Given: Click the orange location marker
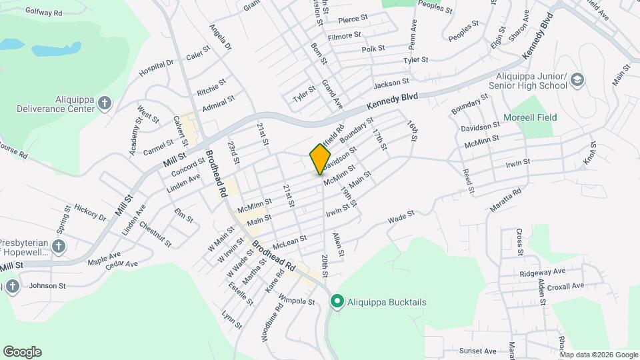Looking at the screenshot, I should (x=321, y=158).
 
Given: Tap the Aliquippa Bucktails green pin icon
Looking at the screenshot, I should (x=337, y=302).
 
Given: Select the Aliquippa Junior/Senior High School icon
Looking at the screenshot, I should (x=577, y=81).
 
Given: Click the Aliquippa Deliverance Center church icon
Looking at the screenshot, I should (x=104, y=103).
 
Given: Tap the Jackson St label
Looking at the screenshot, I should (x=391, y=83).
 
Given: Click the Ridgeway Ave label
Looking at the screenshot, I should (x=543, y=271).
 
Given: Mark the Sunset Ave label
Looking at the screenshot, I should (x=477, y=351).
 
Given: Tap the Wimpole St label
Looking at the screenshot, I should (x=296, y=301).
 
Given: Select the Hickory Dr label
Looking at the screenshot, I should (x=90, y=212).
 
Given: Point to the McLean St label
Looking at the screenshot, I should (x=289, y=238).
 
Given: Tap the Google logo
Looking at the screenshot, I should (x=22, y=351).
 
